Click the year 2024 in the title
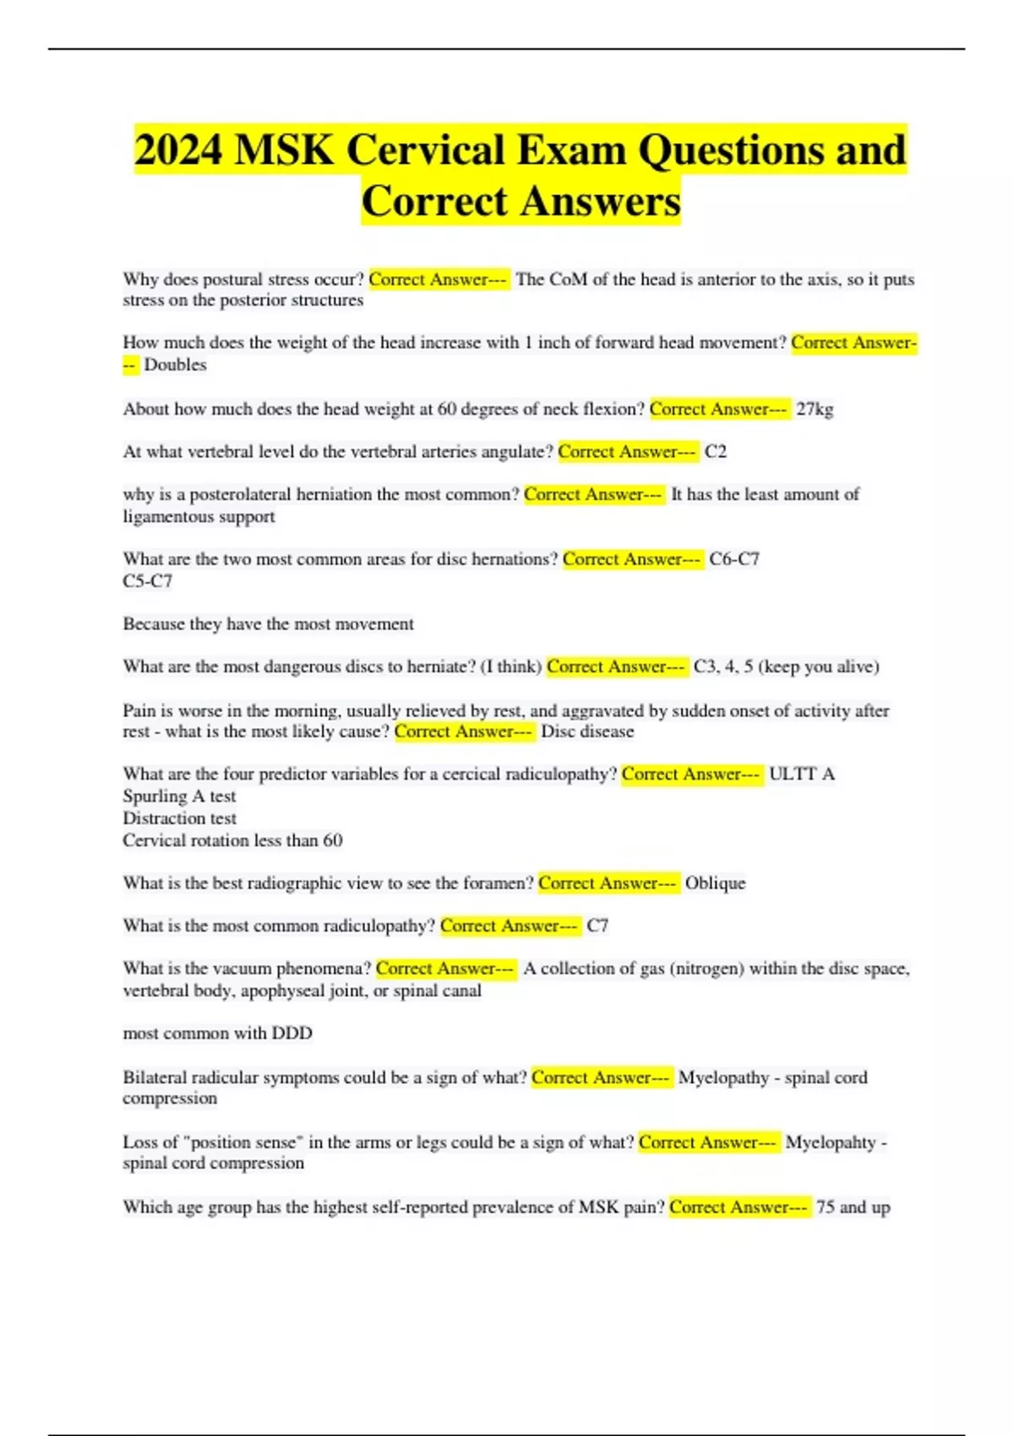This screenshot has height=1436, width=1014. click(178, 150)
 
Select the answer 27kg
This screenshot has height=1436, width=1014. click(815, 409)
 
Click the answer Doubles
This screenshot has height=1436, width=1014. click(175, 365)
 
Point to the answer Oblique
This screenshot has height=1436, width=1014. click(715, 883)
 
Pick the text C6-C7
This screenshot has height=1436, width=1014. click(734, 559)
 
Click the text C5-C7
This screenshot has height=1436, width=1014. click(148, 581)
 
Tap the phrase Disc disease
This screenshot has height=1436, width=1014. click(587, 732)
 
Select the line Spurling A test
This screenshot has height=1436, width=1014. click(179, 797)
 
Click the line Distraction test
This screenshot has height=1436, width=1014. click(179, 819)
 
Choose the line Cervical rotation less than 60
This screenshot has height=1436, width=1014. click(232, 840)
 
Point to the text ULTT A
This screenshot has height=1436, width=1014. click(801, 774)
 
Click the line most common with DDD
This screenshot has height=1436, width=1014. click(217, 1033)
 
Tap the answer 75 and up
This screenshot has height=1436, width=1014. click(853, 1207)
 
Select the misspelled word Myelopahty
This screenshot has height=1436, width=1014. click(831, 1142)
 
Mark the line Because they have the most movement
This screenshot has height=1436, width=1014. click(268, 624)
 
